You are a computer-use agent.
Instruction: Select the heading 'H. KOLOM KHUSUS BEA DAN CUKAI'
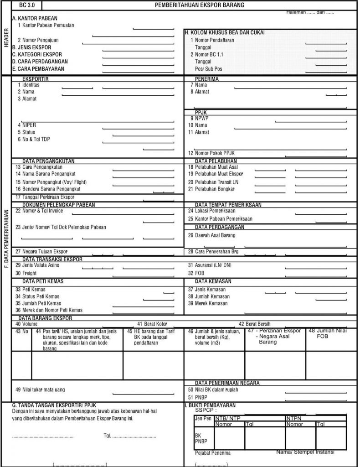pos(225,33)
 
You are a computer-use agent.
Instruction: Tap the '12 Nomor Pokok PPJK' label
pos(215,153)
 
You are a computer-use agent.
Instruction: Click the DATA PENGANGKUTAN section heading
pos(48,161)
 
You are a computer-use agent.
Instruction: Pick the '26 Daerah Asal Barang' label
pos(212,235)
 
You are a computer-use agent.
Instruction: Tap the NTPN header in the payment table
pos(295,418)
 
